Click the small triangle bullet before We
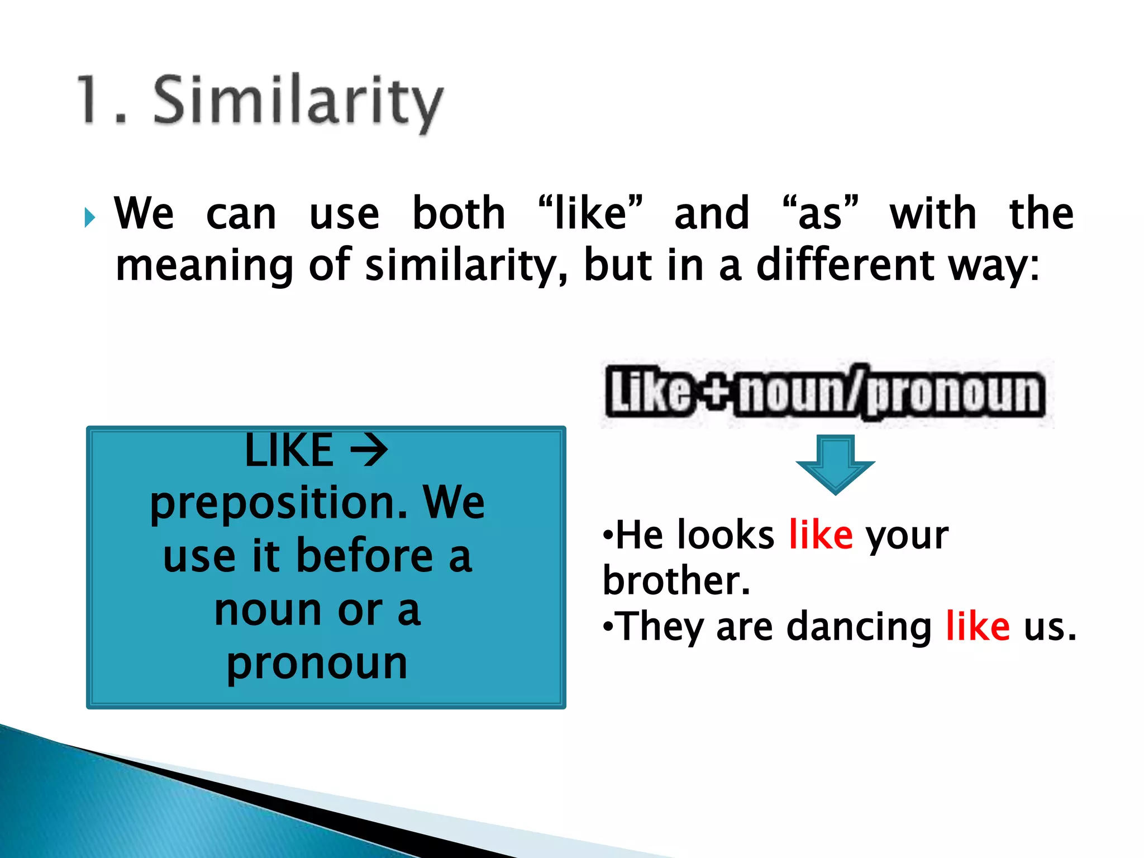(89, 217)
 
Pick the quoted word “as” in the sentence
(819, 213)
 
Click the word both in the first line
(459, 213)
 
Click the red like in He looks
(821, 535)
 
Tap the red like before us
(978, 626)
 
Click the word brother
(676, 581)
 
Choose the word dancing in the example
(859, 627)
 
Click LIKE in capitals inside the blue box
(289, 450)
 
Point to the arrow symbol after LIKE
(369, 451)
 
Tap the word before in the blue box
(364, 556)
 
